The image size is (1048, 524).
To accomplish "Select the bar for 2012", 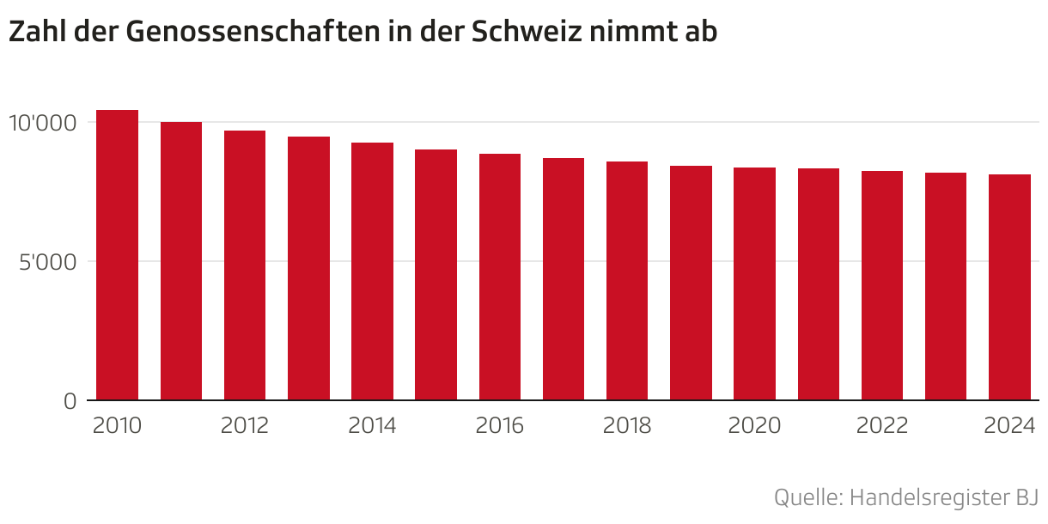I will [245, 265].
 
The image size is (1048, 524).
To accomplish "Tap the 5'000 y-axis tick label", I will [46, 262].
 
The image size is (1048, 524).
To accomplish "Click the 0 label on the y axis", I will [70, 401].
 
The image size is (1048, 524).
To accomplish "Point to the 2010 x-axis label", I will [117, 426].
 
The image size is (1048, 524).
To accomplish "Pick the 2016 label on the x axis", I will [500, 426].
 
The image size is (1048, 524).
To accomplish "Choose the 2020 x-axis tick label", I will [754, 426].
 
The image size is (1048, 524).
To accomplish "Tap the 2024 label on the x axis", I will [1009, 426].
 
